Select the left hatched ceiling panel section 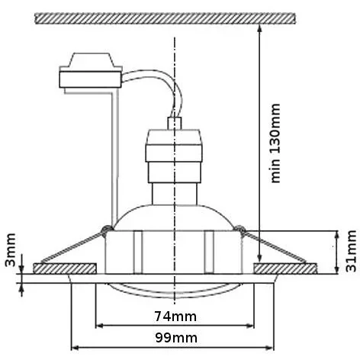[65, 269]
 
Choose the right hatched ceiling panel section [286, 269]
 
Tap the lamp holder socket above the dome [175, 160]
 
